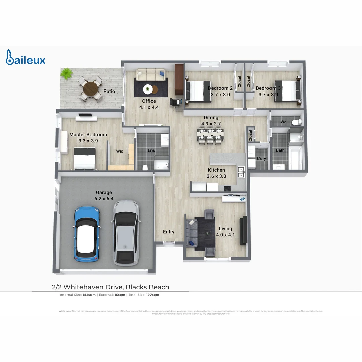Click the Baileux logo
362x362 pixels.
pos(25,57)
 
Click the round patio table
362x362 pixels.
pos(90,89)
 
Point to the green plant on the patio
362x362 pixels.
pos(67,73)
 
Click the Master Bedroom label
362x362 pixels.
pos(88,135)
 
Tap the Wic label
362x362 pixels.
pos(120,151)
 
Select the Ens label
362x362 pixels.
pos(152,150)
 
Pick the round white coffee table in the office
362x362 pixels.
pos(148,89)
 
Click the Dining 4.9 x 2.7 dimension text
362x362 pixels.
pos(211,124)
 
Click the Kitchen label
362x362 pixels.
pos(217,170)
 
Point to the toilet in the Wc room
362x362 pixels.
pos(295,122)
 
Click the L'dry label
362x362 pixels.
pos(261,158)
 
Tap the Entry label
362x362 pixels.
pos(169,232)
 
